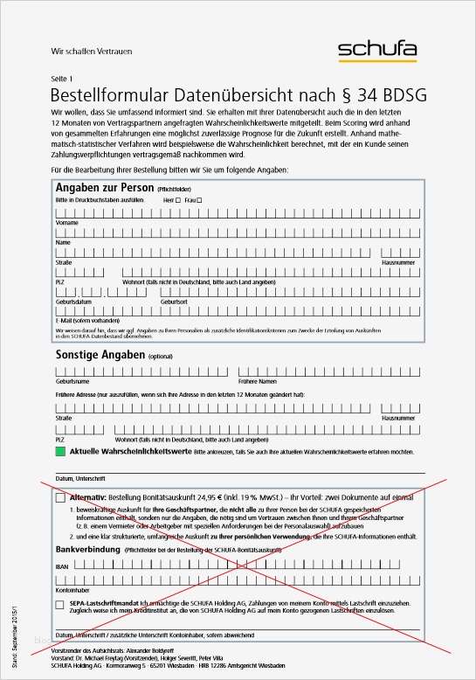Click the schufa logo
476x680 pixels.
377,51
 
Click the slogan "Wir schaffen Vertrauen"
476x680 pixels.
86,52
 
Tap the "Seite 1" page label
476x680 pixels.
63,80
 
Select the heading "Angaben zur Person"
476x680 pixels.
105,188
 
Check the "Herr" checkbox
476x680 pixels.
178,201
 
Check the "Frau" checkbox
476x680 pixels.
199,201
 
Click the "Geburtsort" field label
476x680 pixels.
174,301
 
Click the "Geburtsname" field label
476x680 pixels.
72,382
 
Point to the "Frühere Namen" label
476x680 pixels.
257,382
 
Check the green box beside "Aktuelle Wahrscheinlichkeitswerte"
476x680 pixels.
60,452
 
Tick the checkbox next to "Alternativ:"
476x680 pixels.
60,497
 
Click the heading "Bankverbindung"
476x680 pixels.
88,549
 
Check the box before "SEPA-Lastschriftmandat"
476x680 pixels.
60,604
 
